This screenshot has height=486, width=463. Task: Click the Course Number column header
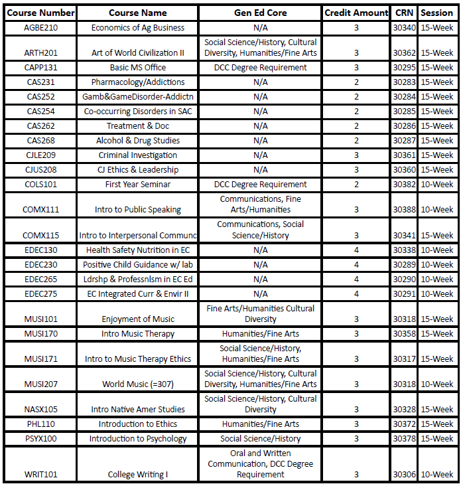[x=40, y=13]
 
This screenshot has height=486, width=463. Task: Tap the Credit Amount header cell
[x=356, y=13]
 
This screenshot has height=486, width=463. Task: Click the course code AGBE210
[x=40, y=28]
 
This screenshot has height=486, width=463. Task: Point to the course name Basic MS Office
[x=138, y=68]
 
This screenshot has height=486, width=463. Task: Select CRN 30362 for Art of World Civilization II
[x=404, y=53]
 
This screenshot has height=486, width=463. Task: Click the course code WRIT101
[x=40, y=475]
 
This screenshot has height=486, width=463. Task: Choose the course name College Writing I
[x=138, y=475]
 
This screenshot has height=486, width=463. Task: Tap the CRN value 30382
[x=404, y=185]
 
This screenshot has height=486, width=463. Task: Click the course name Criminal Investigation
[x=138, y=155]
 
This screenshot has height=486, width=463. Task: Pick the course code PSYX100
[x=40, y=439]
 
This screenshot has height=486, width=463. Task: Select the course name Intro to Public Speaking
[x=138, y=210]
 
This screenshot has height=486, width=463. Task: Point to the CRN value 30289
[x=404, y=265]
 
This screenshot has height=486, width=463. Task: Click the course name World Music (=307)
[x=138, y=384]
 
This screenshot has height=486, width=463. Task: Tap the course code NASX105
[x=40, y=410]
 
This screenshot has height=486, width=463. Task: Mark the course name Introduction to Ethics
[x=138, y=424]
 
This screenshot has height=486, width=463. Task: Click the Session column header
[x=436, y=13]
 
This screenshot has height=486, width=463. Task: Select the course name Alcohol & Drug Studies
[x=138, y=141]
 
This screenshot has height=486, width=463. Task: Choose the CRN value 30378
[x=404, y=439]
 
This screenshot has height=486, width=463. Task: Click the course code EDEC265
[x=40, y=280]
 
